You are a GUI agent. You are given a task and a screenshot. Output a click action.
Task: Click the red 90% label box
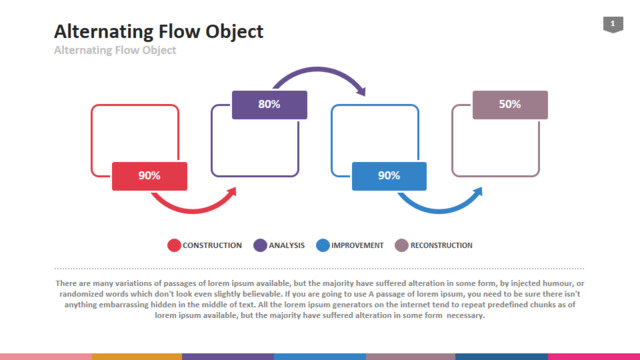[149, 176]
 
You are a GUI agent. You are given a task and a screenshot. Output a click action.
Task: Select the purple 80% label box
[269, 105]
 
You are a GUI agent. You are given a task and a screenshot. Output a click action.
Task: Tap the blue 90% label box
[389, 176]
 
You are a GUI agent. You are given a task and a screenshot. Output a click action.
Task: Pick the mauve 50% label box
[510, 105]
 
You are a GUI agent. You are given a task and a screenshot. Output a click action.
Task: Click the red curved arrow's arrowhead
[232, 192]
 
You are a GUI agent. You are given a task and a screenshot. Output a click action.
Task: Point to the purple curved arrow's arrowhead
[361, 91]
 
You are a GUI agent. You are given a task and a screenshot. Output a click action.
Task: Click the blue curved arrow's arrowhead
[478, 192]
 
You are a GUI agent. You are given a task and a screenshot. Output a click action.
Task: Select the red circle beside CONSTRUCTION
[174, 245]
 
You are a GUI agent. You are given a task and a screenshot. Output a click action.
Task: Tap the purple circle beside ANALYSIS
[260, 245]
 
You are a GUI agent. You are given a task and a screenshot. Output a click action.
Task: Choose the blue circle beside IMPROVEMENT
[323, 245]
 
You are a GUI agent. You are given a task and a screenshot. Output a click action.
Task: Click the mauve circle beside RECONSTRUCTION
[402, 245]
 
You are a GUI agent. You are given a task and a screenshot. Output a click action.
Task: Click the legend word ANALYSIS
[287, 245]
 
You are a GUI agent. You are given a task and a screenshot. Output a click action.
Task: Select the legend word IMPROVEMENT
[357, 245]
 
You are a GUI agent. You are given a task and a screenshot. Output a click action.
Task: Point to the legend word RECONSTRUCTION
[441, 245]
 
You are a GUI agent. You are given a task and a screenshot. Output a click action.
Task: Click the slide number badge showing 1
[613, 24]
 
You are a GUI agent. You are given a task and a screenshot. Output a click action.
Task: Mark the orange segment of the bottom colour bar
[137, 357]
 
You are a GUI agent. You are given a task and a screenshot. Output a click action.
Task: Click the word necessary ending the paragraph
[465, 316]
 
